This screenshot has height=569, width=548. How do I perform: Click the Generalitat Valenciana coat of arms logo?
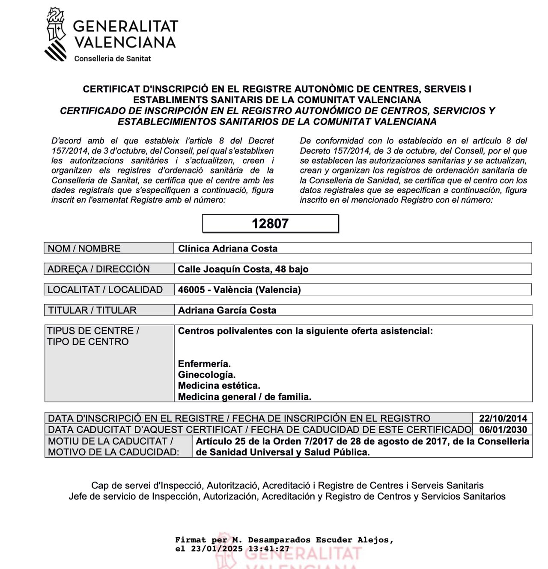pyautogui.click(x=56, y=34)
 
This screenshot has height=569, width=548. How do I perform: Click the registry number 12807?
pyautogui.click(x=270, y=224)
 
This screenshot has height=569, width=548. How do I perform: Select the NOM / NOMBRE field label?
pyautogui.click(x=84, y=249)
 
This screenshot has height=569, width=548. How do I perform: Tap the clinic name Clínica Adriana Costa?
pyautogui.click(x=228, y=249)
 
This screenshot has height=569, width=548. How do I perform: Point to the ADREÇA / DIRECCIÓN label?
pyautogui.click(x=98, y=269)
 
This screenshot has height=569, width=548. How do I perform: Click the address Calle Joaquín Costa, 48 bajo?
pyautogui.click(x=243, y=269)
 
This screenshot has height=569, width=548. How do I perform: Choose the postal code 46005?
pyautogui.click(x=191, y=290)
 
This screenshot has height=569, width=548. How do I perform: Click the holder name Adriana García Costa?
pyautogui.click(x=227, y=310)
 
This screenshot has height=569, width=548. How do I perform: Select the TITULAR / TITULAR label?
pyautogui.click(x=92, y=310)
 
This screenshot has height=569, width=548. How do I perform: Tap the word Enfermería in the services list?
pyautogui.click(x=204, y=364)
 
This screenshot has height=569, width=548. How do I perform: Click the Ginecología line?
pyautogui.click(x=206, y=375)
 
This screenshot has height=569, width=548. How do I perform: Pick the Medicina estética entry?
pyautogui.click(x=219, y=386)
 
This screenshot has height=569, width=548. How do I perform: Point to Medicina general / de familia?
pyautogui.click(x=244, y=397)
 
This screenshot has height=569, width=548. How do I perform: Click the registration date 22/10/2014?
pyautogui.click(x=503, y=419)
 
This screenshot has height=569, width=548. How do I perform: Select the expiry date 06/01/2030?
pyautogui.click(x=503, y=430)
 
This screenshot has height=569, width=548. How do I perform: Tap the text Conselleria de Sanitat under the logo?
pyautogui.click(x=113, y=58)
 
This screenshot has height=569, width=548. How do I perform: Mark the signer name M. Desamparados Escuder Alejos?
pyautogui.click(x=313, y=540)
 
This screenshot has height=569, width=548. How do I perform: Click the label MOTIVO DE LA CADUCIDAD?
pyautogui.click(x=113, y=452)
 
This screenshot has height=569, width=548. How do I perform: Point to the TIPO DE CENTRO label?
pyautogui.click(x=88, y=342)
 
